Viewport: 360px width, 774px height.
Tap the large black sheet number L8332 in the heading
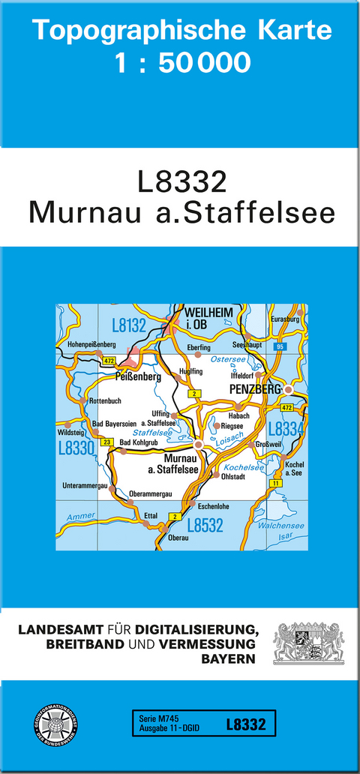[181, 183]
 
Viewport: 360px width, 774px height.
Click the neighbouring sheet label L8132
[128, 325]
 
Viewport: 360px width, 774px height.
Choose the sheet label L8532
[205, 526]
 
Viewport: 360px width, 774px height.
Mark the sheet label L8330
[75, 448]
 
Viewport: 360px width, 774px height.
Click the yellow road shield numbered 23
[107, 442]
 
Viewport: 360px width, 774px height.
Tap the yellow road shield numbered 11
[275, 483]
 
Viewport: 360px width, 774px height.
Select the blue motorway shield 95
[280, 346]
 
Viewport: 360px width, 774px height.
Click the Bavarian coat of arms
[308, 643]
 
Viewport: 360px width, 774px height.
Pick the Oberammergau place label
[151, 493]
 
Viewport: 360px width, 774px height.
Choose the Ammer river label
[81, 517]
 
